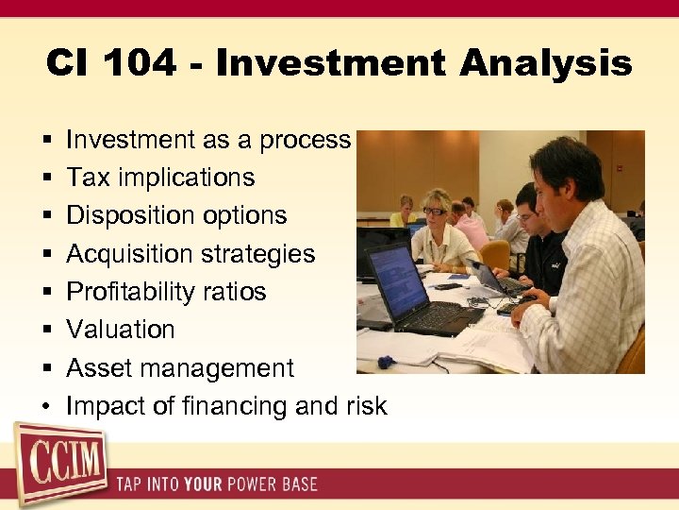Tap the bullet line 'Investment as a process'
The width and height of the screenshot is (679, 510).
pyautogui.click(x=208, y=140)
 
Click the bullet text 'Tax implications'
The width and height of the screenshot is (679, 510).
pyautogui.click(x=160, y=178)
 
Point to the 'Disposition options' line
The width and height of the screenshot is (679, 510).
pyautogui.click(x=176, y=215)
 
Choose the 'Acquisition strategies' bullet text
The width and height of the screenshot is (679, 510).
pyautogui.click(x=190, y=254)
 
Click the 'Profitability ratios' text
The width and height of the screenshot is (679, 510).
pyautogui.click(x=166, y=292)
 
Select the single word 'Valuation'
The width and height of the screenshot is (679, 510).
pyautogui.click(x=121, y=330)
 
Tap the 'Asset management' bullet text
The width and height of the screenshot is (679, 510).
pyautogui.click(x=180, y=368)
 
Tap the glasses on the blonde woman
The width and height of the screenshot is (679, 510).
pyautogui.click(x=433, y=211)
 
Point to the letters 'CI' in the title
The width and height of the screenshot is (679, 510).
pyautogui.click(x=68, y=64)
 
